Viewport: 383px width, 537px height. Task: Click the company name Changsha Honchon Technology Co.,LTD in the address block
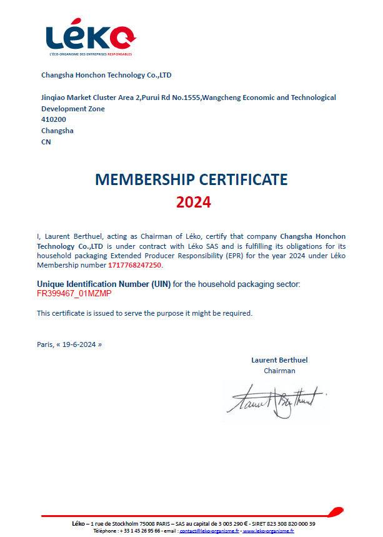[106, 75]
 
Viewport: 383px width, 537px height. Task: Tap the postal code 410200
[54, 119]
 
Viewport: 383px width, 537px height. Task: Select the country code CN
[46, 142]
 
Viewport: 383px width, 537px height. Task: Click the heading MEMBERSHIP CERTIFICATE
[191, 180]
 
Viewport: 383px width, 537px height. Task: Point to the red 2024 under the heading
[193, 203]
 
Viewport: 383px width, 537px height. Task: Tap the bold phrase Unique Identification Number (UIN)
[104, 284]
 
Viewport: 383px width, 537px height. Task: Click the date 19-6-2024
[79, 344]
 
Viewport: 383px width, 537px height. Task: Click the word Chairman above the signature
[279, 371]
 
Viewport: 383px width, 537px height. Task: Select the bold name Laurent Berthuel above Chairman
[279, 360]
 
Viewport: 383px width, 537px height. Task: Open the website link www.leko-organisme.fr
[268, 530]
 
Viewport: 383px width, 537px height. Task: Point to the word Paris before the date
[45, 344]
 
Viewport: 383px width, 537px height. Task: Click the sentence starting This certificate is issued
[144, 313]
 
